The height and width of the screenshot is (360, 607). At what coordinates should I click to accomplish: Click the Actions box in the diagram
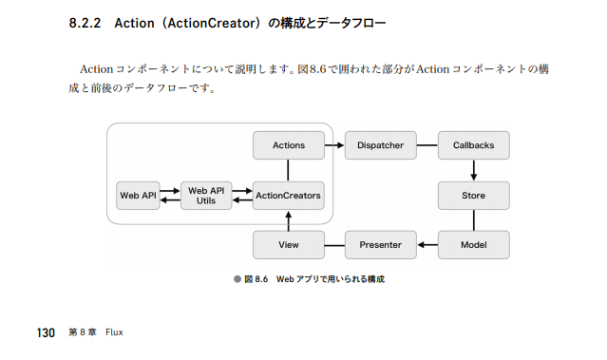(289, 145)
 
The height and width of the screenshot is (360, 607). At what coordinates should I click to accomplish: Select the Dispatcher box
(380, 145)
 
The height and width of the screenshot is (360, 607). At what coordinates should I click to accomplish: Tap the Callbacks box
(473, 145)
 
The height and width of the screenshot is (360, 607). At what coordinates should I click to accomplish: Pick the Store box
(473, 196)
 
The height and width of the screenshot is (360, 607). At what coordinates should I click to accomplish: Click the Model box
(473, 245)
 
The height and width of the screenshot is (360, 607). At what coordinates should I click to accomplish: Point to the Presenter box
(380, 245)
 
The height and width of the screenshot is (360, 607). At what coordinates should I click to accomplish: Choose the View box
(289, 245)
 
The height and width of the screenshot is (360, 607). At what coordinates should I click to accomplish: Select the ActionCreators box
(289, 196)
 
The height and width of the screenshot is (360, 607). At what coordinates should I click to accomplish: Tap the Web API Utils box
(207, 196)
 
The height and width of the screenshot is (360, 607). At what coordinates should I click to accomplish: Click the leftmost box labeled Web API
(137, 196)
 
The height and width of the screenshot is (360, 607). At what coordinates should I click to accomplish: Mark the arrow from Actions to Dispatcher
(333, 145)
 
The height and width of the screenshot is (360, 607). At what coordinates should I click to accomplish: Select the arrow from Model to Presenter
(427, 245)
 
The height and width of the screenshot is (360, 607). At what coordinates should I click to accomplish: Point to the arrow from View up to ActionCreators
(289, 220)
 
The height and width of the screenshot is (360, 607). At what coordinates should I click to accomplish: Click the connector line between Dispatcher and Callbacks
(427, 145)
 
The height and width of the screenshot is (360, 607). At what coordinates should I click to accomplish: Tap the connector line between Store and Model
(473, 220)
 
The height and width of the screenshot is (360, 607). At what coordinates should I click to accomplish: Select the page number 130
(47, 332)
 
